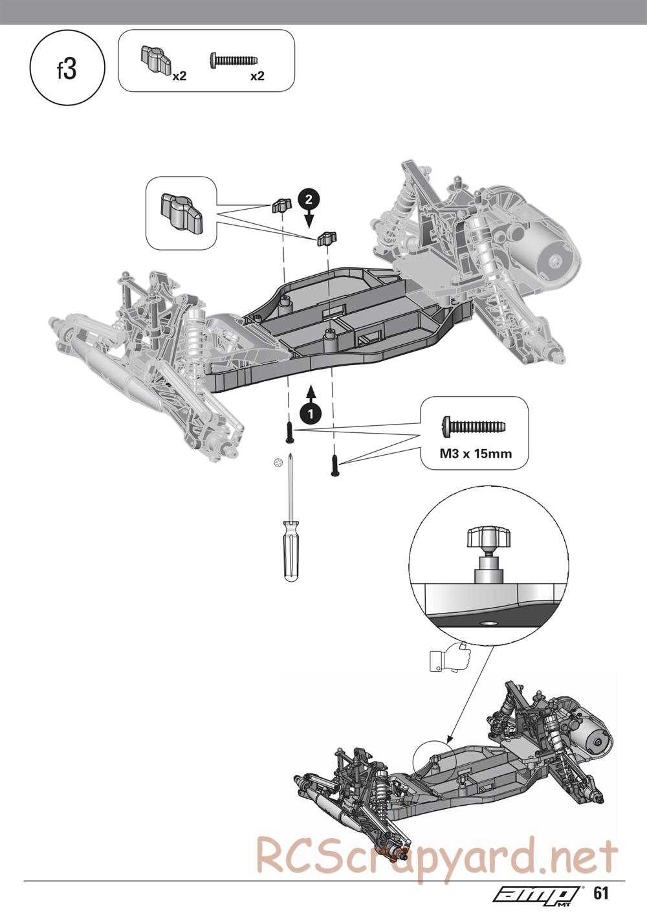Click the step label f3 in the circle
tap(67, 70)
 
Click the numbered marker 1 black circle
tap(311, 413)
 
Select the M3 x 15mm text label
tap(476, 454)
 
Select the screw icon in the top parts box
tap(234, 60)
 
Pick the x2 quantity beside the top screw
tap(258, 76)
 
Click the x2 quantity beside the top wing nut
tap(179, 76)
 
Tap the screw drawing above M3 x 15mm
tap(474, 426)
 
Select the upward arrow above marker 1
tap(311, 393)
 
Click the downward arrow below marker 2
tap(309, 218)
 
